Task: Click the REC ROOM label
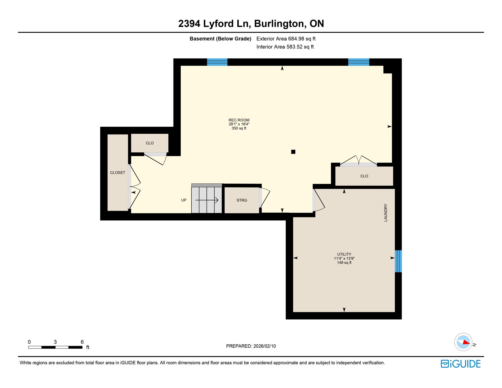239,120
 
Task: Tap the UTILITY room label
344,254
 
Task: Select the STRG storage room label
242,200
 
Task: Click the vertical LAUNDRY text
386,213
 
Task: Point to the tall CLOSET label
117,173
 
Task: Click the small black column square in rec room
293,152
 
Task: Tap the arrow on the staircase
207,200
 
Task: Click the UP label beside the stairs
184,200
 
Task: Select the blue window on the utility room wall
398,261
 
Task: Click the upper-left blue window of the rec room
217,62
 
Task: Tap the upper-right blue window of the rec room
359,62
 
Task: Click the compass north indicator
463,342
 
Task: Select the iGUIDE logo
461,364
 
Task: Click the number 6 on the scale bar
82,342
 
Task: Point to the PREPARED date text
251,346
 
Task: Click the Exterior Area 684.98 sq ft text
286,39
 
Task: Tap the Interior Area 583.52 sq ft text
285,47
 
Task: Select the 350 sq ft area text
239,128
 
